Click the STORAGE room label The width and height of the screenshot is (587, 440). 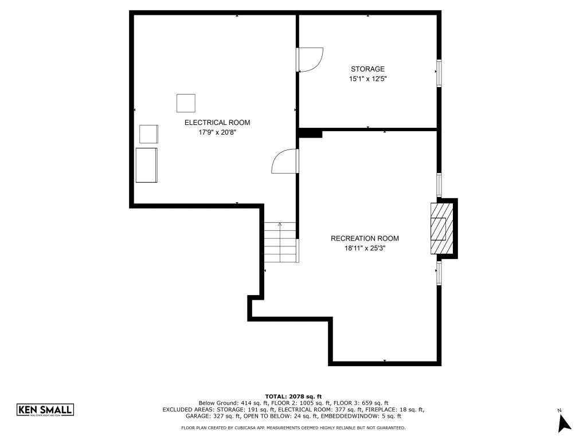pos(367,69)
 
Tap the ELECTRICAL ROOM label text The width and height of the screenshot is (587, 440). pos(217,123)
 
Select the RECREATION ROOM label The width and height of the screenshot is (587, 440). pos(365,238)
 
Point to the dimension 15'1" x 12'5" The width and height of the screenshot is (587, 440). pos(367,79)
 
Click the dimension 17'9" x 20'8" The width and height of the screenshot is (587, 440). pos(217,132)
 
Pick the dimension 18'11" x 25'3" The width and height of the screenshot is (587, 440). pos(365,248)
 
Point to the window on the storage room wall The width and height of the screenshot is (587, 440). pos(439,72)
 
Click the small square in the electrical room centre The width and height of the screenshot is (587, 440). pos(185,103)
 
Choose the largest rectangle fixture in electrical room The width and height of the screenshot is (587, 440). pos(146,165)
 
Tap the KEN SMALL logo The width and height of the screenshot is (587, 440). pos(45,410)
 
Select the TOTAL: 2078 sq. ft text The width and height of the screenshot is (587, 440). pos(293,396)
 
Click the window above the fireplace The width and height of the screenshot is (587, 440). pos(439,184)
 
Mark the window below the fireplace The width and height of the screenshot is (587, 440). pos(439,273)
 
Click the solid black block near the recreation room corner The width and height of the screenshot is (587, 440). pos(311,133)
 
